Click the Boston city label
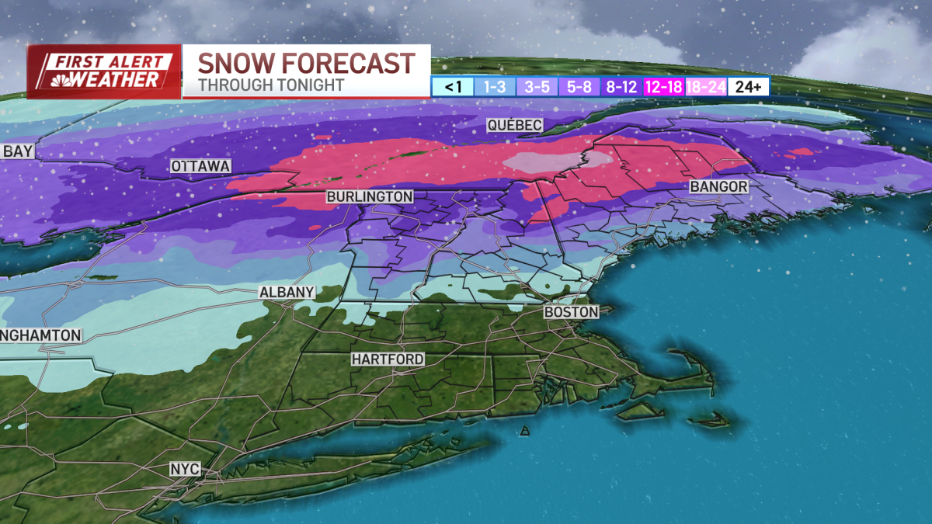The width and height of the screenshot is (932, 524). click(572, 312)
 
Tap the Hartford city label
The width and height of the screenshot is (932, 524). click(388, 359)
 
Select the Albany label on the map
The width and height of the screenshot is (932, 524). click(287, 292)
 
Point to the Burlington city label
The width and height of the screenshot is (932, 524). click(370, 197)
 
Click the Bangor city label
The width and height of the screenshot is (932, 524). click(719, 187)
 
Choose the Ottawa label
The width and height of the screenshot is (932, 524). click(200, 166)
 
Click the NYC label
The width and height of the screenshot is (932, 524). click(185, 469)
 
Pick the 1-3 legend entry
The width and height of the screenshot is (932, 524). click(495, 87)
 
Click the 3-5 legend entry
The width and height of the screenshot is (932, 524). click(535, 87)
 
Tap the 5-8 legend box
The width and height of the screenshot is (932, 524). click(578, 87)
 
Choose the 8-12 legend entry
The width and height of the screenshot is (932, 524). click(621, 87)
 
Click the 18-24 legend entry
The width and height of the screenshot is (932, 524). click(705, 87)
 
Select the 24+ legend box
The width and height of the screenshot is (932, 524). click(748, 87)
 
